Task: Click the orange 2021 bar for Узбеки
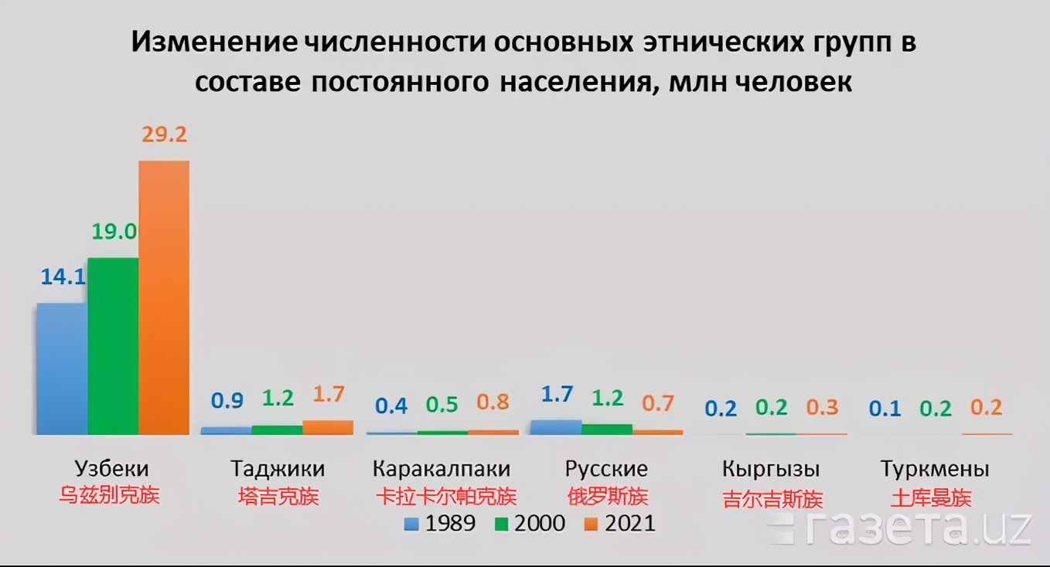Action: tap(164, 297)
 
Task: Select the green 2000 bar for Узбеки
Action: tap(113, 345)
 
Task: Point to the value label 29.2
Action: tap(164, 134)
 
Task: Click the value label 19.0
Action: tap(114, 231)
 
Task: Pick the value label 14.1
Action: tap(63, 277)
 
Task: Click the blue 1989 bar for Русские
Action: tap(555, 427)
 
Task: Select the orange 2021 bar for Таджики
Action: tap(328, 427)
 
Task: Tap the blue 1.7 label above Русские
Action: tap(556, 395)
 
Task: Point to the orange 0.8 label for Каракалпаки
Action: tap(493, 403)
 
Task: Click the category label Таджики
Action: tap(278, 469)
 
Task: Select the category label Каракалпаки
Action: tap(441, 469)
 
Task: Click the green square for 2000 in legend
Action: tap(501, 524)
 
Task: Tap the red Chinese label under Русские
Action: tap(606, 496)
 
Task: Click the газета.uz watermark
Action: tap(901, 528)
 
